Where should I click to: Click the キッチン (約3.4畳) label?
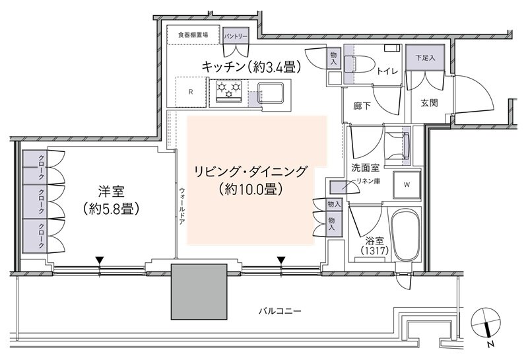pos(251,67)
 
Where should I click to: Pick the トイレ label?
pos(386,72)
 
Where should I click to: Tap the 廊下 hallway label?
pos(362,104)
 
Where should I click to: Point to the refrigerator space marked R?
pos(191,91)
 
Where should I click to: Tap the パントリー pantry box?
pos(236,36)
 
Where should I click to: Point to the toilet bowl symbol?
pos(357,66)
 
